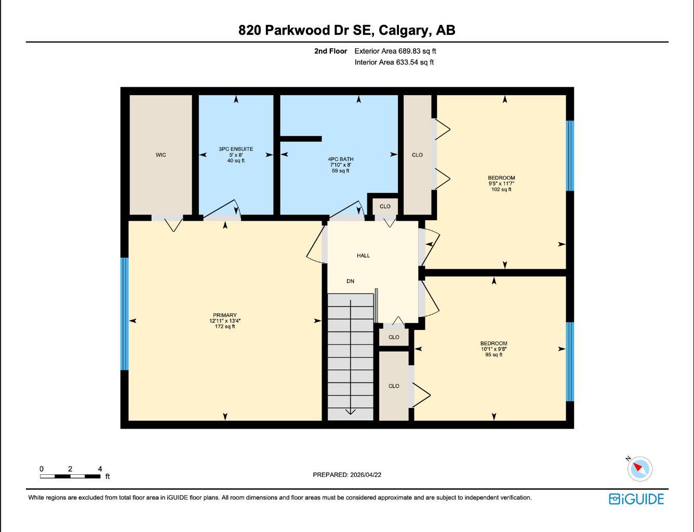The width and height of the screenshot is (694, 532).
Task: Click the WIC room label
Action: coord(161,155)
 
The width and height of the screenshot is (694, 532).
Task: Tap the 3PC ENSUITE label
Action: coord(236,149)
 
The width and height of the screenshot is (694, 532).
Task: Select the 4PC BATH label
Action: coord(340,159)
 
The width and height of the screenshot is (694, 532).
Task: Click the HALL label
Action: coord(363,256)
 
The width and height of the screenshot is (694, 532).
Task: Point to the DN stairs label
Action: coord(350,281)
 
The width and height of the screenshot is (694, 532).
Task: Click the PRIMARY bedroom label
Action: coord(224,315)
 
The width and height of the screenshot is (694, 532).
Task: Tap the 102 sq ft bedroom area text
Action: coord(501,190)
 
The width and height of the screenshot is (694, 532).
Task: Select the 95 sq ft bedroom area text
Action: coord(493,355)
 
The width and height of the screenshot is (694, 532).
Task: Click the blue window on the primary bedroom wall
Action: coord(125,314)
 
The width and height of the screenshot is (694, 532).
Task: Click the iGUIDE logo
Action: coord(636,499)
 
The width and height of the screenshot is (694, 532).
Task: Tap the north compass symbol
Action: coord(639,468)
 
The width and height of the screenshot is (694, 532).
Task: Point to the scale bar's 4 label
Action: coord(100,469)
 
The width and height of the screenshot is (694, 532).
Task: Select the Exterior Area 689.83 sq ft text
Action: coord(395,51)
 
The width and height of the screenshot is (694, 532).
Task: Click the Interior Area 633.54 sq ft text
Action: coord(394,62)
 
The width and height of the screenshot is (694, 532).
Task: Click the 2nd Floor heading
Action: coord(330,51)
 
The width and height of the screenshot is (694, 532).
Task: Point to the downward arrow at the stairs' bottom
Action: coord(350,411)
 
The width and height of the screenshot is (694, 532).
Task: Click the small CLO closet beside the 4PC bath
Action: coord(385,206)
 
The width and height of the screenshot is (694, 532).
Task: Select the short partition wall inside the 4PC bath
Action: coord(301,139)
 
